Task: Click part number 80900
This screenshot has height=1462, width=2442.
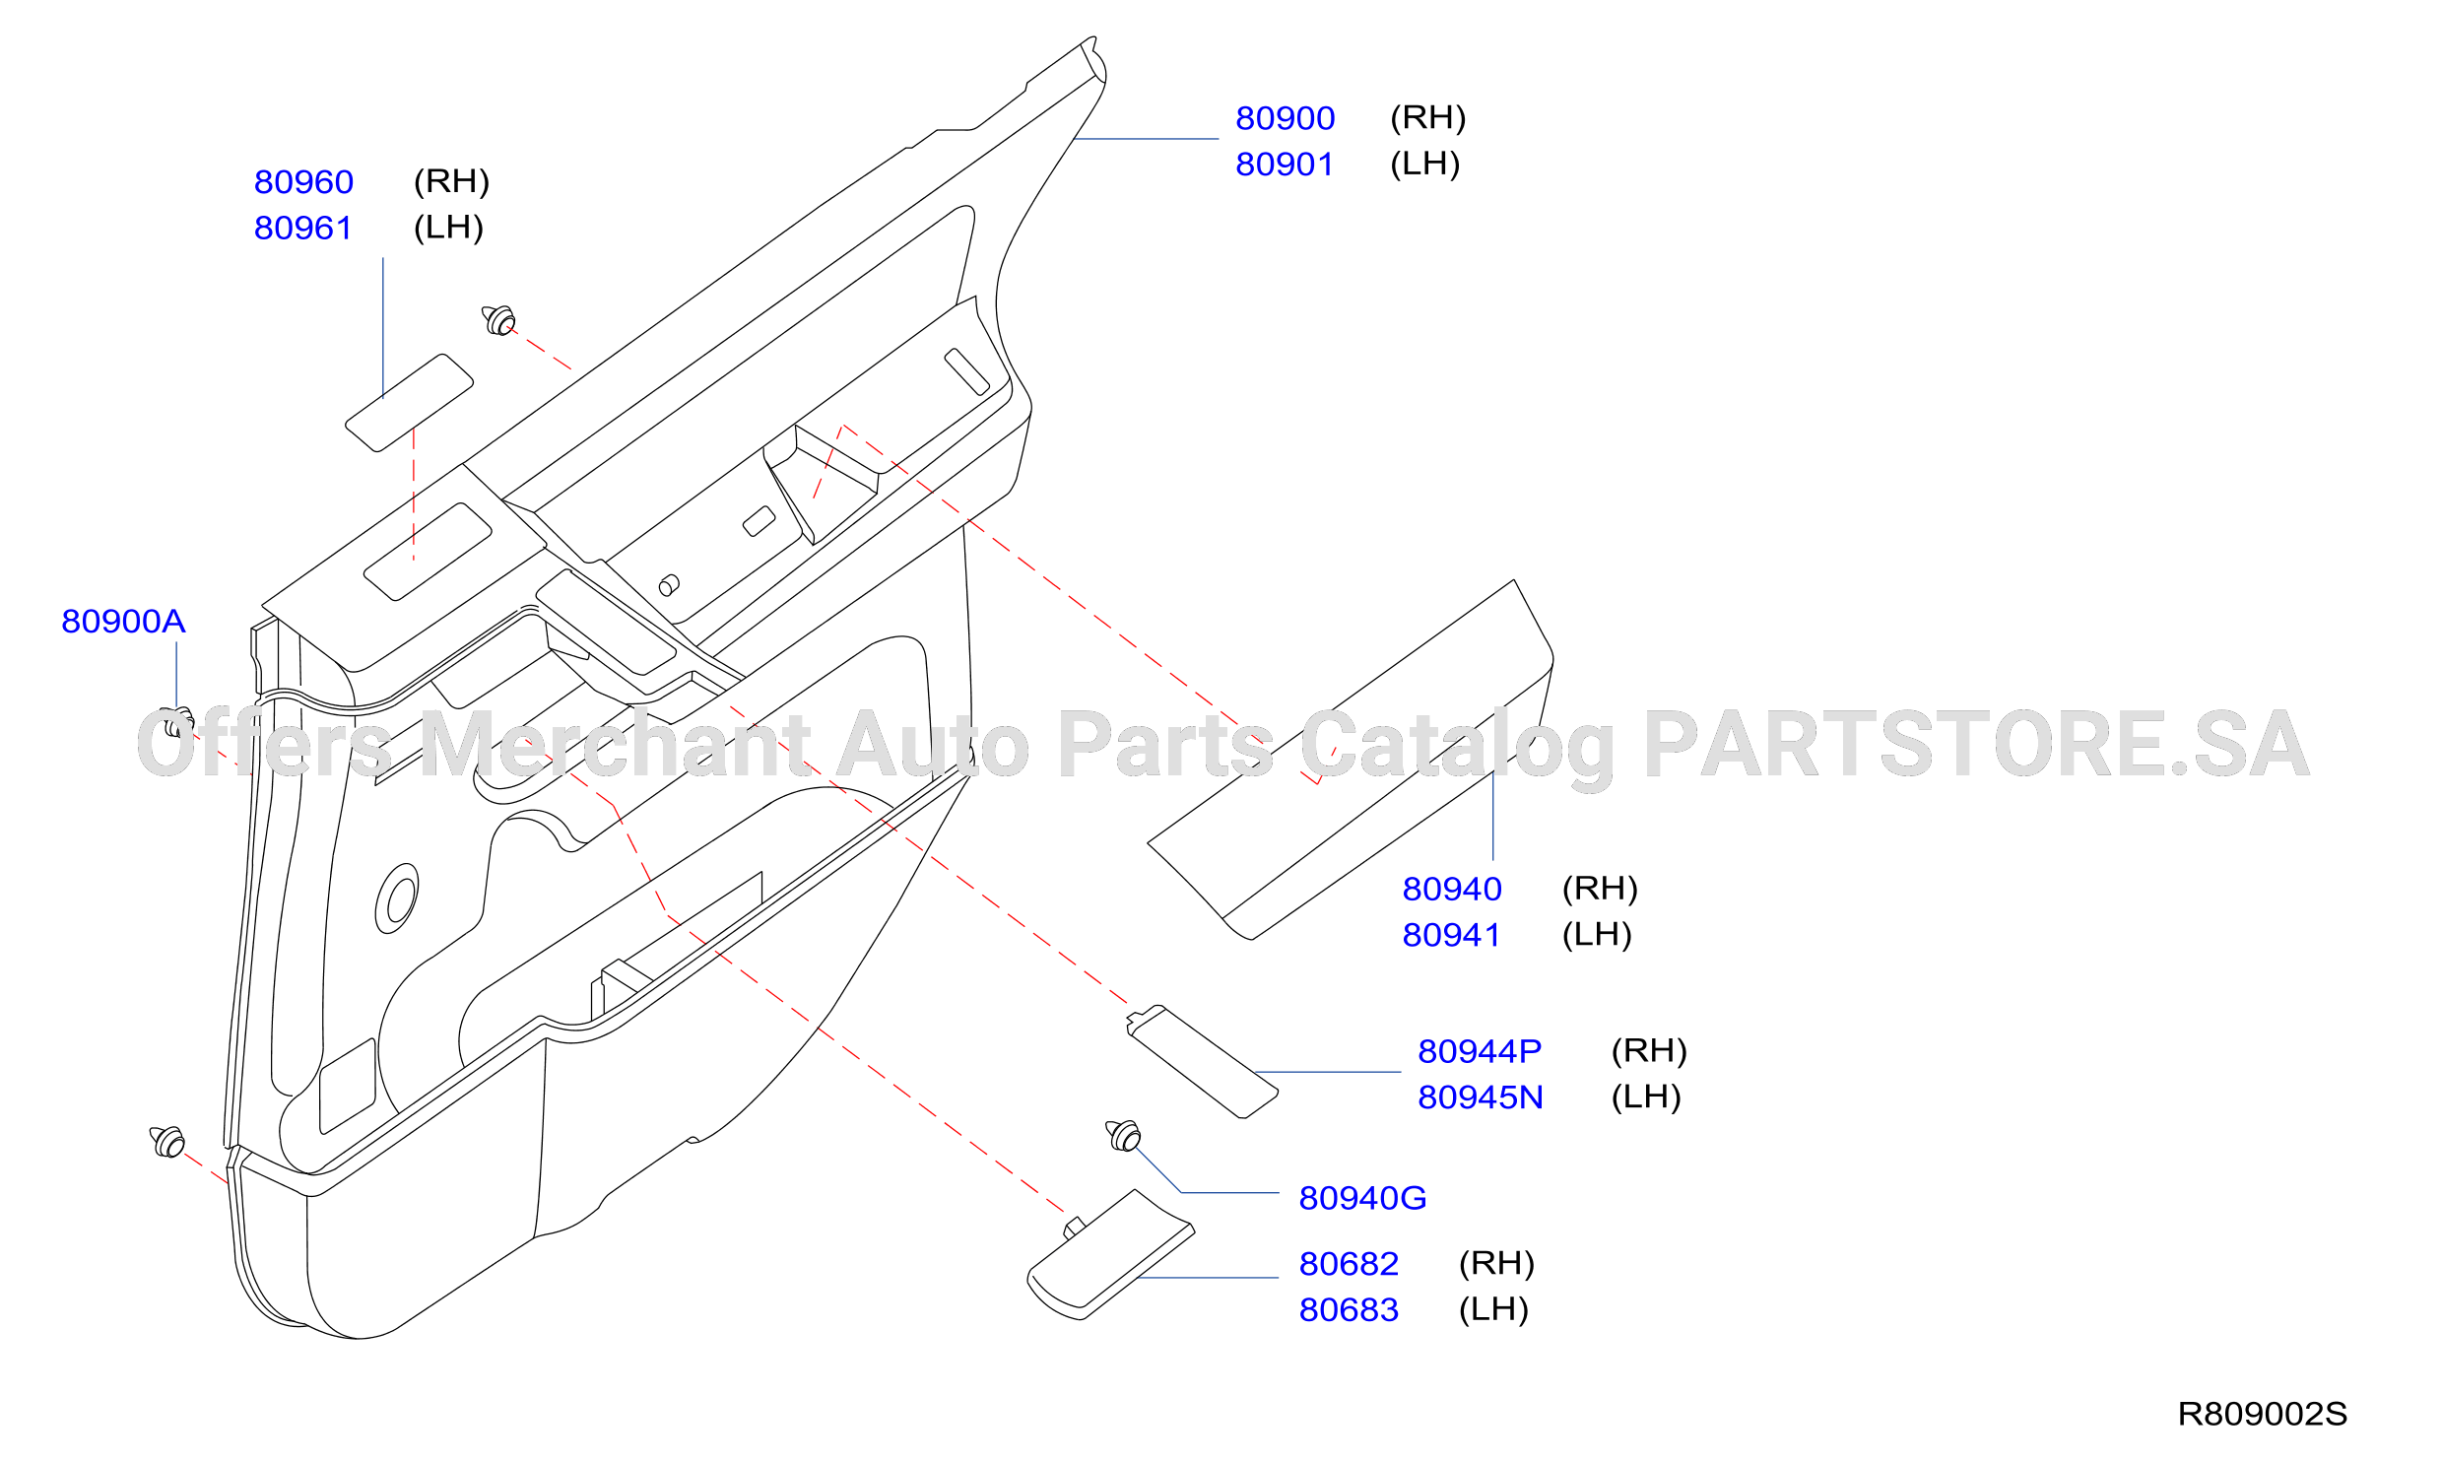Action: click(1285, 118)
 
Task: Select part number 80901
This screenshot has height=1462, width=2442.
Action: click(1285, 165)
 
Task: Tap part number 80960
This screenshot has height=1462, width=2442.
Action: click(303, 182)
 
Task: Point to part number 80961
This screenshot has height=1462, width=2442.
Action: click(303, 228)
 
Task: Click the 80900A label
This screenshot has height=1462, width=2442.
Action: click(123, 622)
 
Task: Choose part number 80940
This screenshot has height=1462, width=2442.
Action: click(1452, 890)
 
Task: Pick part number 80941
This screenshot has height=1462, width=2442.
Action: click(1451, 935)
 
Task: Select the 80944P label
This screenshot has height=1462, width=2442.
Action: click(1480, 1052)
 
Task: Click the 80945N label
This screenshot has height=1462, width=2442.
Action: click(1481, 1097)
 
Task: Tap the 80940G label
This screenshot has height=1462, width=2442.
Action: click(1362, 1199)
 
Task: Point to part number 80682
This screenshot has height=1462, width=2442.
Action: click(1349, 1264)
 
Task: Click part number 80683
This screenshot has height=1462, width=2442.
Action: click(1349, 1310)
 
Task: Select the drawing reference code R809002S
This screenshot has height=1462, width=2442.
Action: click(2263, 1415)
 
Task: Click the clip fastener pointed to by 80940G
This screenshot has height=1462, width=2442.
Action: click(1124, 1136)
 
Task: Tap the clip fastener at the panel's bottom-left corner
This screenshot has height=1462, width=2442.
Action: click(167, 1143)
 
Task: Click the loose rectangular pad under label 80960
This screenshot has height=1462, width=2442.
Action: click(409, 403)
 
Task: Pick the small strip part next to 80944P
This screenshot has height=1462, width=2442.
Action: click(1202, 1062)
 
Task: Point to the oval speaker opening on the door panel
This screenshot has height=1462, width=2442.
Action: click(397, 898)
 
